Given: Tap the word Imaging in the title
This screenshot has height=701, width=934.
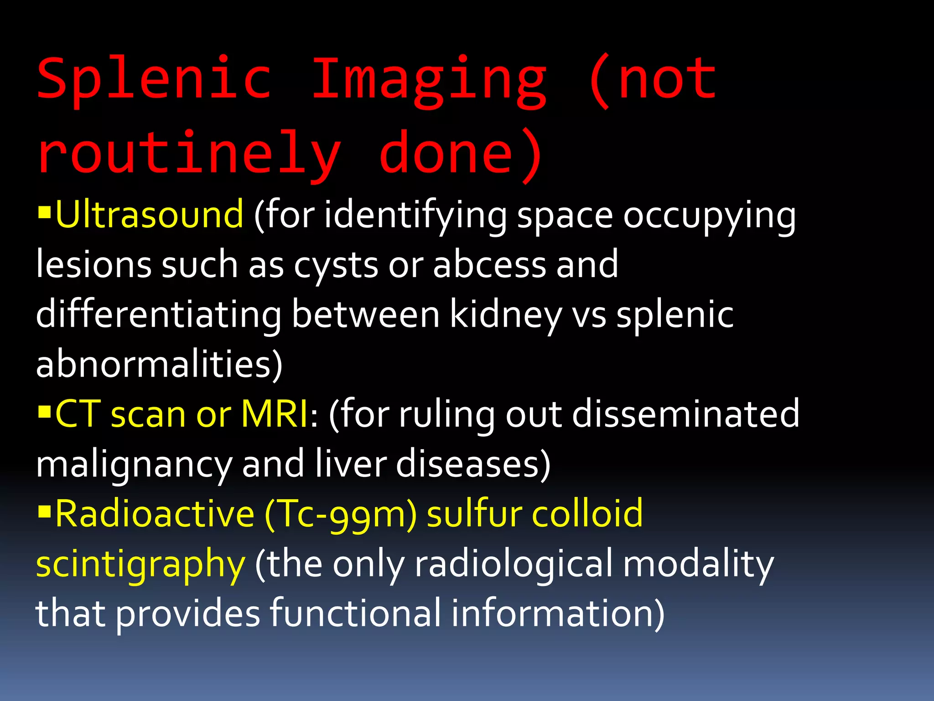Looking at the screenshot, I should pos(429,80).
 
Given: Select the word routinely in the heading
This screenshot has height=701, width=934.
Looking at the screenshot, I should pos(189,153).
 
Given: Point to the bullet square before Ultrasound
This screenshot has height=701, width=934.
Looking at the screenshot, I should pos(44,213).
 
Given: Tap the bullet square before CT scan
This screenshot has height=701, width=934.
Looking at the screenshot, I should pos(44,412).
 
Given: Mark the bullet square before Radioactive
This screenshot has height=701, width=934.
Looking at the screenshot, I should pos(44,512).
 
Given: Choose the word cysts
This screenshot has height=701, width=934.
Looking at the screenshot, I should pos(336,265).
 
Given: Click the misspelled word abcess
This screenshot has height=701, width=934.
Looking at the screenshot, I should pos(489,265).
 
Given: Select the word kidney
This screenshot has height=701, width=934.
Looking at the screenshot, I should pos(506,315).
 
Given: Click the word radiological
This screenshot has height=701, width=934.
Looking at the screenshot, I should pos(514,564).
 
